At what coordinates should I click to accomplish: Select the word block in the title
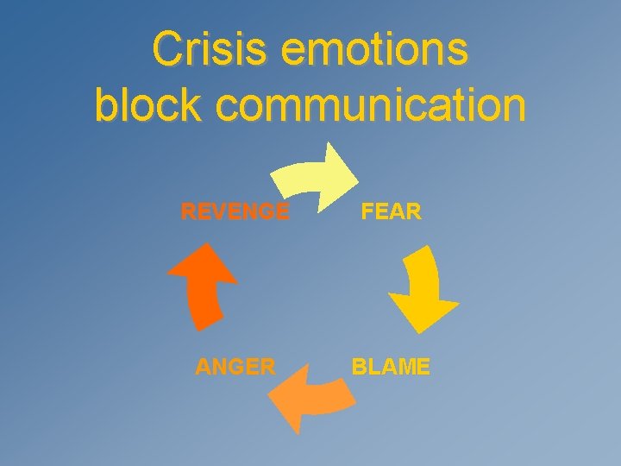[148, 105]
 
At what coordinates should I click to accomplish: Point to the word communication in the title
[371, 105]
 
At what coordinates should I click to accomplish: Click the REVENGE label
[235, 211]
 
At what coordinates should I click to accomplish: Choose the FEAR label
[392, 211]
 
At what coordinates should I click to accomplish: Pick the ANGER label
[235, 367]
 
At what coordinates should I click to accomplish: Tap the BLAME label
[391, 367]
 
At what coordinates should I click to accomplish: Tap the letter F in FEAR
[367, 211]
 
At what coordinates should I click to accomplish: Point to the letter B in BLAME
[358, 367]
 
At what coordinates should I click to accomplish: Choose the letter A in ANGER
[203, 367]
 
